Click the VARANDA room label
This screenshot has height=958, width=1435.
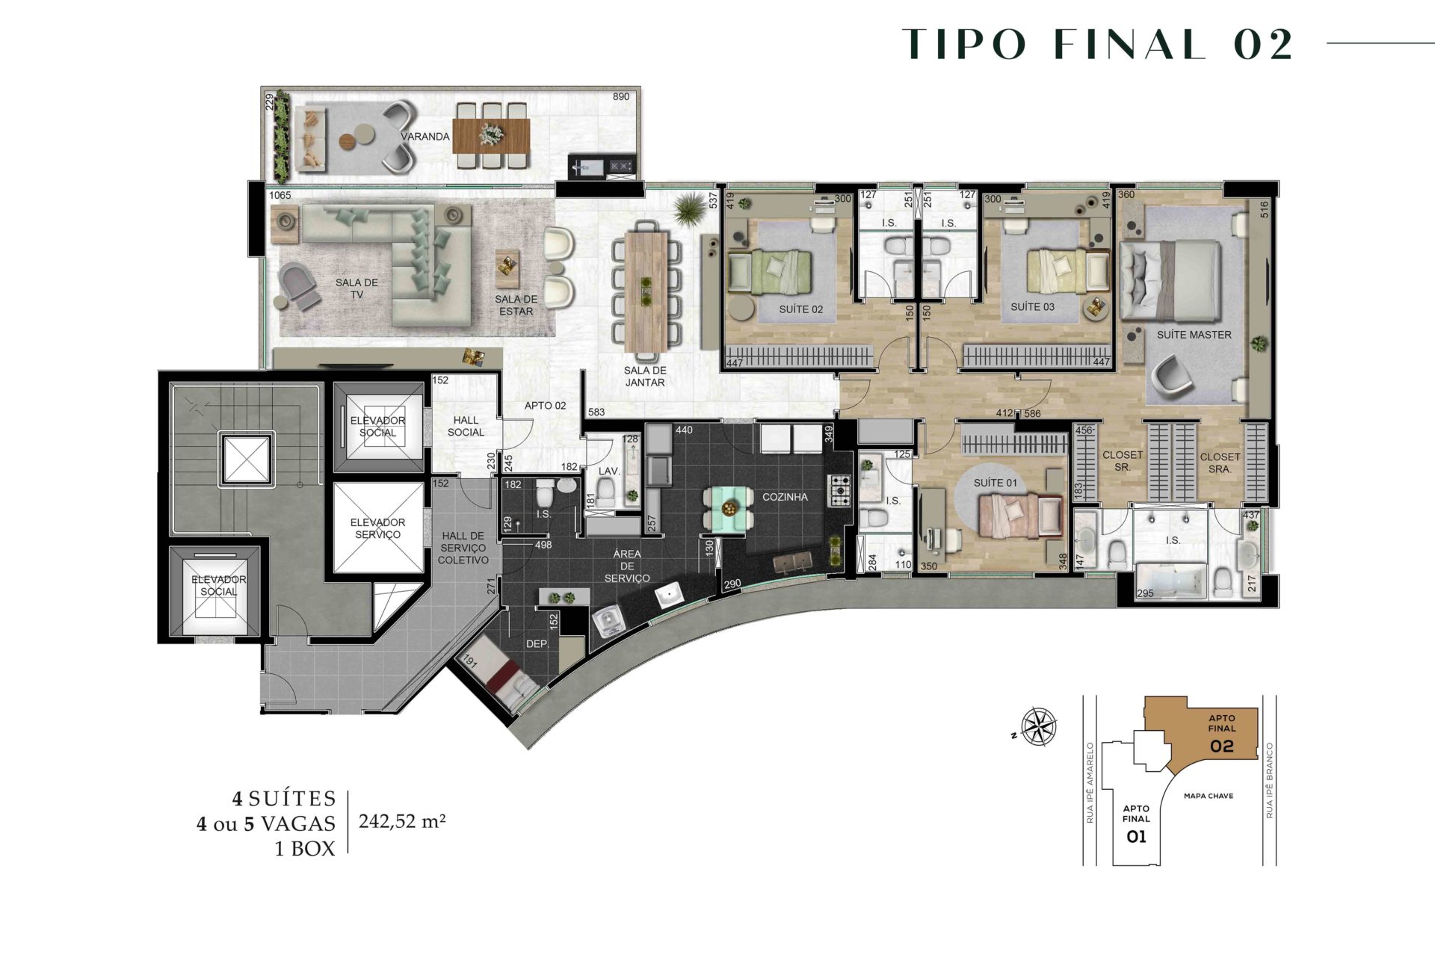coord(425,137)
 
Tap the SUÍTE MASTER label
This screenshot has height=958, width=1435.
coord(1194,335)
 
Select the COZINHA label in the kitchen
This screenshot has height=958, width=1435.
coord(785,497)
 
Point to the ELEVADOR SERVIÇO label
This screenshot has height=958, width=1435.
coord(377,528)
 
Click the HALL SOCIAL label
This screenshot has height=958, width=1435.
coord(466,426)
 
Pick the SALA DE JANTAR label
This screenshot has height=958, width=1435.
coord(645,376)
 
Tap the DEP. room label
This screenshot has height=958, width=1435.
coord(537,643)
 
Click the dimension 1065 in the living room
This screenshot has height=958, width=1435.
coord(280,195)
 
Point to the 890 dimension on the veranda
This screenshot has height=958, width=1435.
coord(621,96)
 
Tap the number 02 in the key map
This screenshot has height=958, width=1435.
coord(1222,746)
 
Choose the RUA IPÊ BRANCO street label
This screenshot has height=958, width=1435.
coord(1269,780)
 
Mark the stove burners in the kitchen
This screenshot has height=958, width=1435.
coord(839,489)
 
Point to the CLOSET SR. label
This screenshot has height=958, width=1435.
coord(1123,460)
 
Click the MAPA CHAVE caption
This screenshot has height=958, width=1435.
coord(1209,796)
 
